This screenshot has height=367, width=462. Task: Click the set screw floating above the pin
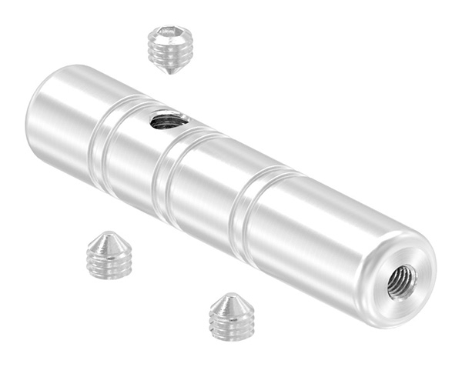tap(169, 48)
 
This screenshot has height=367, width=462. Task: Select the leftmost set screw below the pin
tap(109, 255)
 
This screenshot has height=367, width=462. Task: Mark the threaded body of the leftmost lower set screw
tap(109, 263)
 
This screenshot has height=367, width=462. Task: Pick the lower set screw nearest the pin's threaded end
tap(232, 316)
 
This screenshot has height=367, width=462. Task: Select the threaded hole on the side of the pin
tap(168, 120)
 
